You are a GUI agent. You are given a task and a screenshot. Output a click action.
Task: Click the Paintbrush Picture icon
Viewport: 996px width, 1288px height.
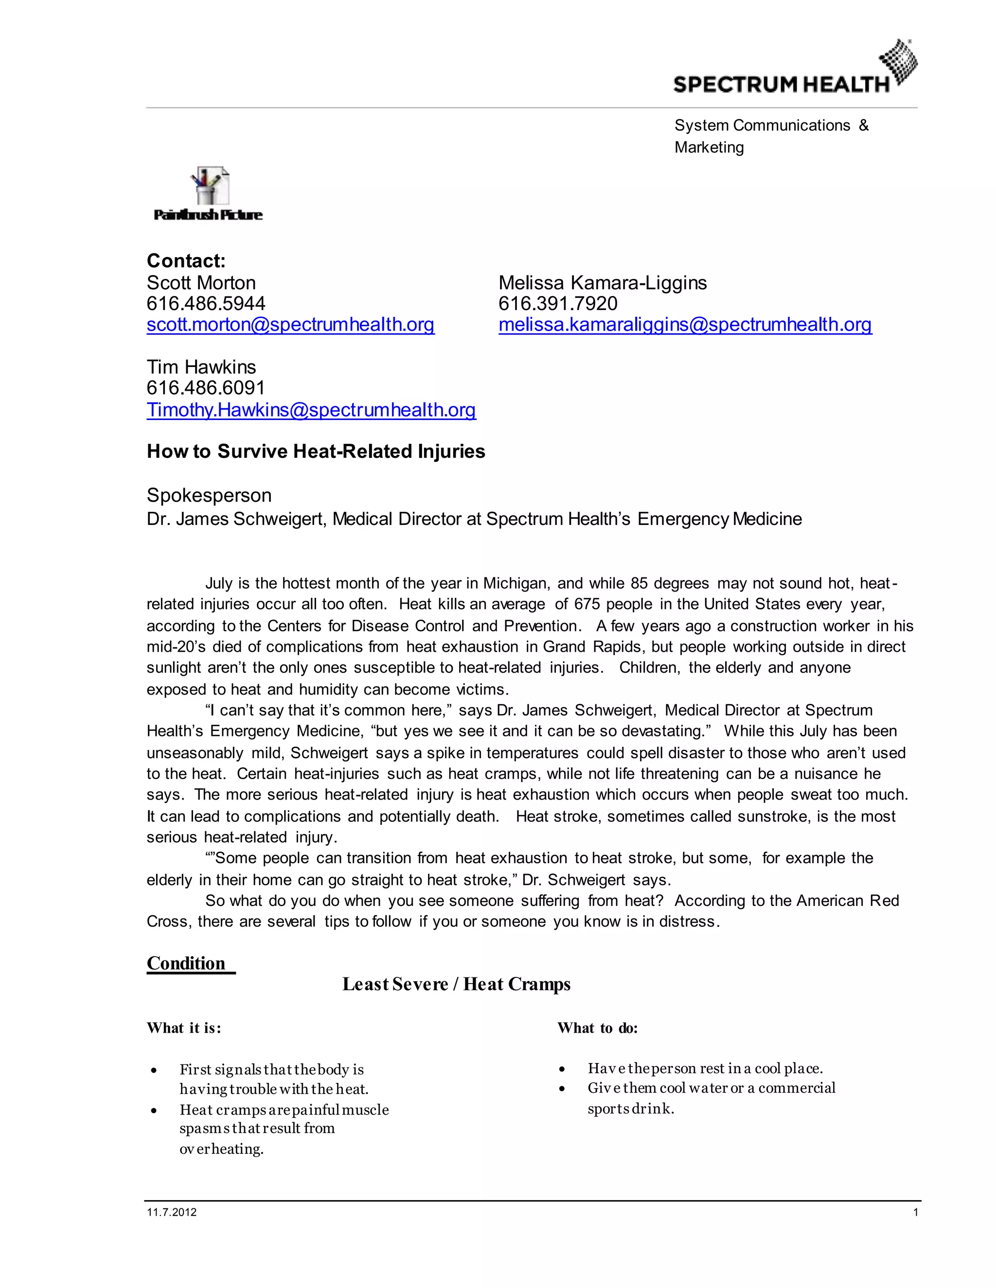coord(208,193)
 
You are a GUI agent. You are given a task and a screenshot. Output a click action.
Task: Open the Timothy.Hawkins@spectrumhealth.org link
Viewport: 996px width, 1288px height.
coord(311,409)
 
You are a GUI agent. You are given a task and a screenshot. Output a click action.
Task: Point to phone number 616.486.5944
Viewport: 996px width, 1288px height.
coord(206,303)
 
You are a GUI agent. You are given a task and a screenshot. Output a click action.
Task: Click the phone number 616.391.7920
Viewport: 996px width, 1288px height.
coord(558,303)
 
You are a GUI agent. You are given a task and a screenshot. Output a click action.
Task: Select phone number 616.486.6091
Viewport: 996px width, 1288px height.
coord(206,387)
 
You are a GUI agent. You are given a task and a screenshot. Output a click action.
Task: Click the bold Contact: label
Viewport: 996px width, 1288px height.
coord(186,261)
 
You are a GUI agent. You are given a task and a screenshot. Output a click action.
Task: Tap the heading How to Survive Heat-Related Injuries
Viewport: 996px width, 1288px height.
coord(316,451)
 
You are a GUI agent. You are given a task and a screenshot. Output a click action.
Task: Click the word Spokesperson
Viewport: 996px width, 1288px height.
coord(209,495)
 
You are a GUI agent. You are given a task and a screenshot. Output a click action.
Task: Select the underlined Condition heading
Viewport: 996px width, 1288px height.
coord(186,963)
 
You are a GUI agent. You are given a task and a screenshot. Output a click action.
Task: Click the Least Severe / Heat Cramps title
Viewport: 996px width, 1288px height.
coord(456,984)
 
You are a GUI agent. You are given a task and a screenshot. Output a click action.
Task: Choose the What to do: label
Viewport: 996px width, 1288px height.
coord(597,1028)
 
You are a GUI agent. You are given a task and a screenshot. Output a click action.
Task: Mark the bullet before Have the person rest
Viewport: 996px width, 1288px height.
coord(562,1069)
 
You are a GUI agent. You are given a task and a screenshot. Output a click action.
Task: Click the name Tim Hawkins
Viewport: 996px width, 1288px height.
coord(201,367)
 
